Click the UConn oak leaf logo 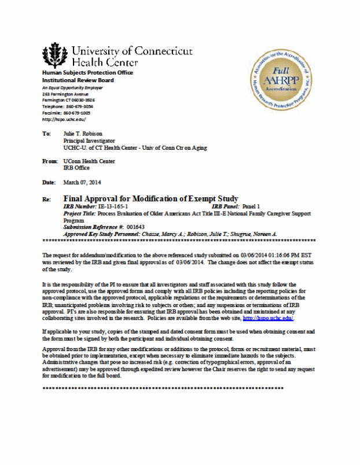point(55,56)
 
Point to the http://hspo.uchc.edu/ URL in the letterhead point(64,119)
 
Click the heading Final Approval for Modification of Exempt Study point(150,198)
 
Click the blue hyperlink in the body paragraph point(268,318)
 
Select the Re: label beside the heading point(47,199)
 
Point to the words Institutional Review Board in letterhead point(78,80)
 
